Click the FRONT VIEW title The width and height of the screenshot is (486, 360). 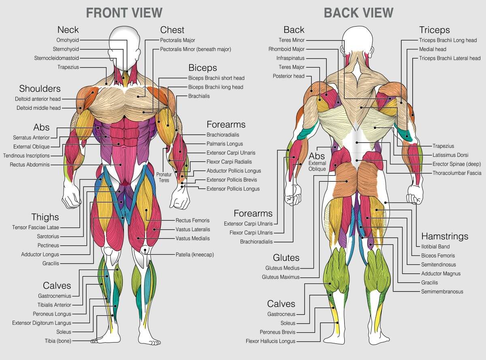click(124, 13)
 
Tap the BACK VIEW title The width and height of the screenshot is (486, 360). click(358, 13)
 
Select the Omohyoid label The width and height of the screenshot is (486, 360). click(68, 40)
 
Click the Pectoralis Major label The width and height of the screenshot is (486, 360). click(177, 40)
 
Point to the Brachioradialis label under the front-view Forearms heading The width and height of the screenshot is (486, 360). click(223, 135)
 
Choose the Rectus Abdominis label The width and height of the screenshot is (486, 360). click(30, 164)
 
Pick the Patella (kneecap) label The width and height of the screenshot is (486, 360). click(194, 255)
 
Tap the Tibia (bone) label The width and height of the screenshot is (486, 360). click(58, 341)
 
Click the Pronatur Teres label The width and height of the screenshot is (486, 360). click(164, 177)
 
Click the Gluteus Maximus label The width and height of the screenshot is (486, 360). click(281, 277)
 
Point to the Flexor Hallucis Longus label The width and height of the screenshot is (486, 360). click(271, 341)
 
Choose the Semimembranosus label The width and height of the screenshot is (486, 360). click(442, 291)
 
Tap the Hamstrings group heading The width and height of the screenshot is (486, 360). click(445, 236)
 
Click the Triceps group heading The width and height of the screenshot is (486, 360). click(434, 30)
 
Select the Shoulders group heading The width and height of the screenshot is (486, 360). click(40, 88)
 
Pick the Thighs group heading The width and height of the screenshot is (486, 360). click(45, 217)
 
